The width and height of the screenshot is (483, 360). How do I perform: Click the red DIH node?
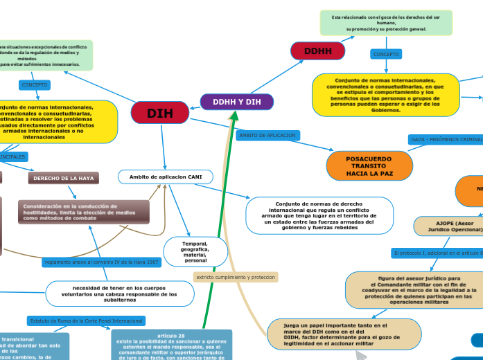(160, 114)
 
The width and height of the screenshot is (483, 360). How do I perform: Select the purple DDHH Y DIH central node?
(237, 102)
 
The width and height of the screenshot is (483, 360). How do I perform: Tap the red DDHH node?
(318, 51)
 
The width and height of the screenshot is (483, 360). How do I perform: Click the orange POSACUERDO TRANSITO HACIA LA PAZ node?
(369, 166)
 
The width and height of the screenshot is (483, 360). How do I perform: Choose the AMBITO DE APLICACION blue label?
(267, 136)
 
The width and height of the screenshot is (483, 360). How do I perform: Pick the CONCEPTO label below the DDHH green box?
(387, 54)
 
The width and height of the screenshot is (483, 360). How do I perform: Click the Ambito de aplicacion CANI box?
(166, 177)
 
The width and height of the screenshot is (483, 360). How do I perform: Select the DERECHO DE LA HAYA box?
(64, 179)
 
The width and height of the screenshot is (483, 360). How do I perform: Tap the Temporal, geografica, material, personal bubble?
(195, 252)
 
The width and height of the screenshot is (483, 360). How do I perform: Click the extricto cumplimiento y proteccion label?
(236, 277)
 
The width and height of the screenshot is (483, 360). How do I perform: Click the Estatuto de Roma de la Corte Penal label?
(86, 321)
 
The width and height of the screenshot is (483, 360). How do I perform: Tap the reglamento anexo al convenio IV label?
(102, 262)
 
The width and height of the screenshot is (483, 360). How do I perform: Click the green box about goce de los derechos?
(386, 23)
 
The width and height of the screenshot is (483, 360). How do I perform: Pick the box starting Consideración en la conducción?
(83, 212)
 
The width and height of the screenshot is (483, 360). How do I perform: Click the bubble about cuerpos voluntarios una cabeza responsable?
(114, 294)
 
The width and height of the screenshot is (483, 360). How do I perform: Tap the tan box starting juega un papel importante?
(344, 334)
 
